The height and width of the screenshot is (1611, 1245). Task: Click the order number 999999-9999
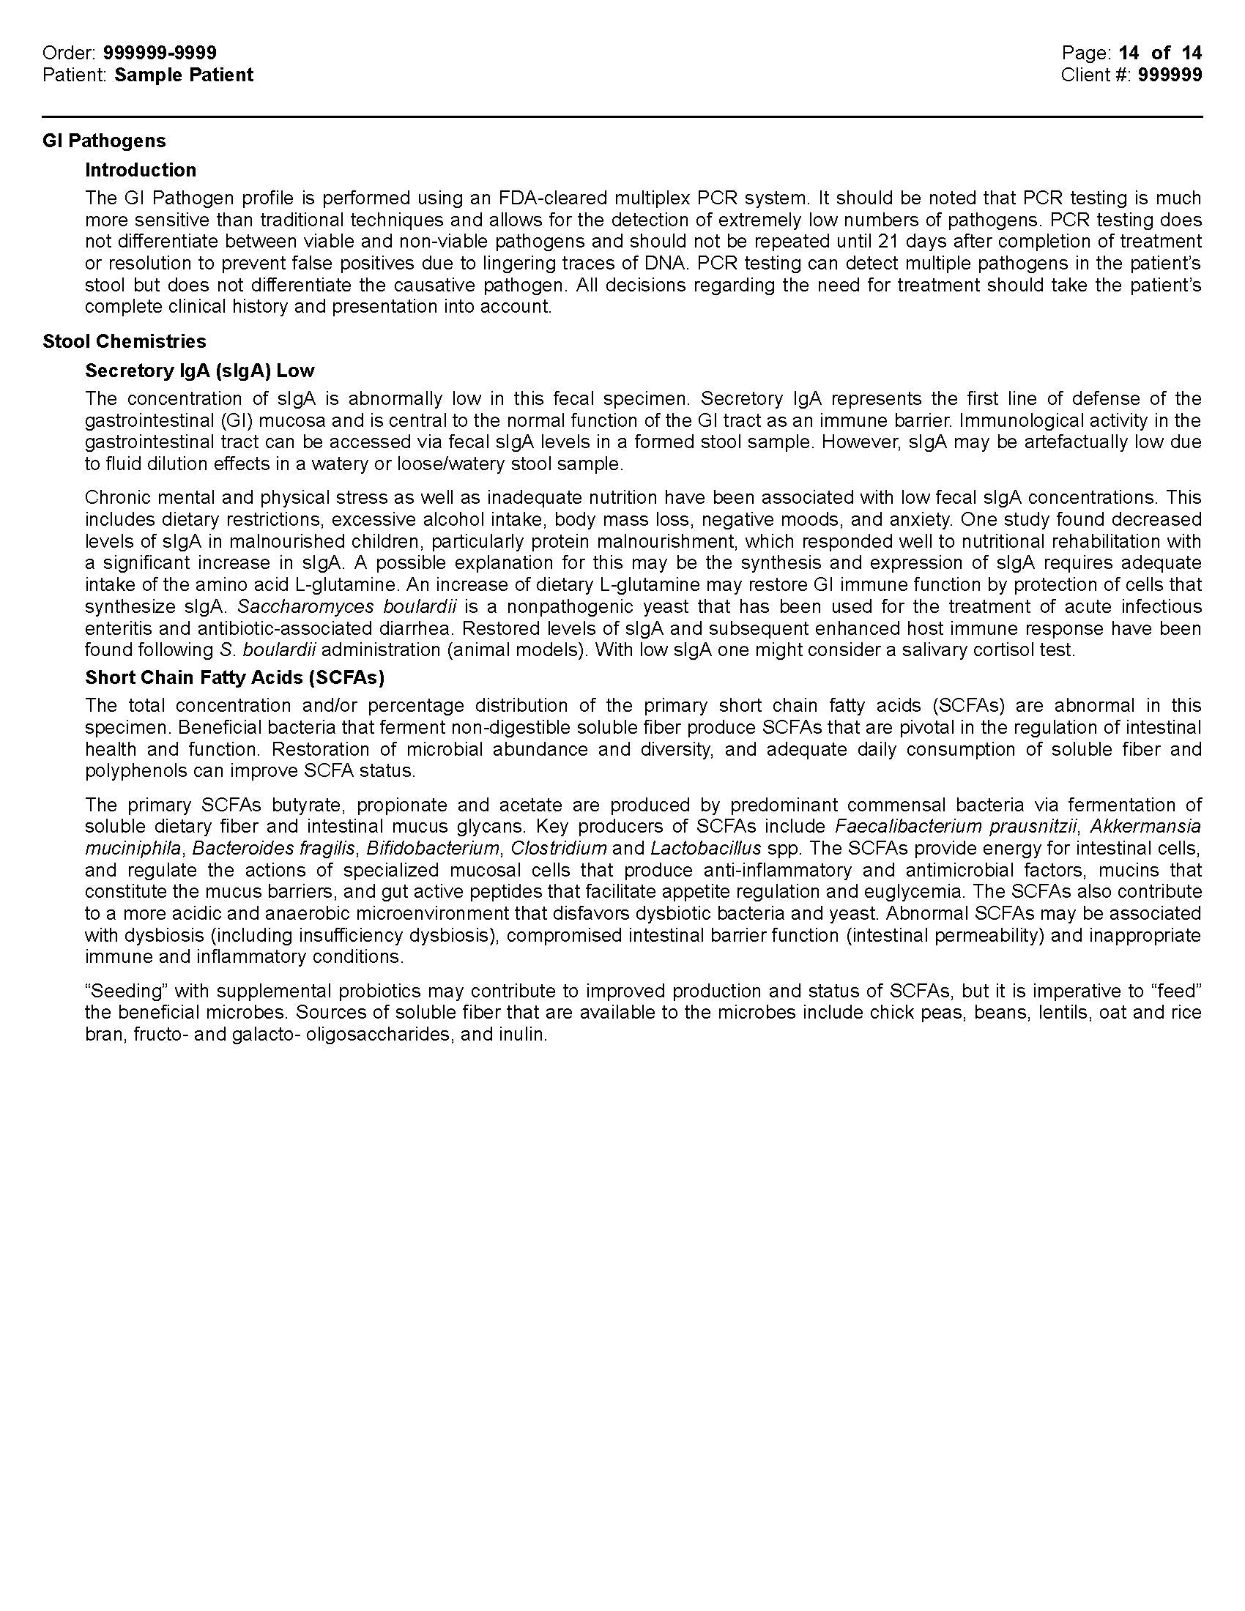160,53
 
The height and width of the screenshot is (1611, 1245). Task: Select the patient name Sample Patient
184,75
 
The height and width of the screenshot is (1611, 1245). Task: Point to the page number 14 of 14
1160,53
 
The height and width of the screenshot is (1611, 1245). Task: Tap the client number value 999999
1170,75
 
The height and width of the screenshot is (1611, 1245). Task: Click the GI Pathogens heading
104,140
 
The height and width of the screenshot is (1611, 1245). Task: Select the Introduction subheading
140,170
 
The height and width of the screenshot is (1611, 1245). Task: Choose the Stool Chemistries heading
124,341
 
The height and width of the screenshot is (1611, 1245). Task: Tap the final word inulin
524,1034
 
